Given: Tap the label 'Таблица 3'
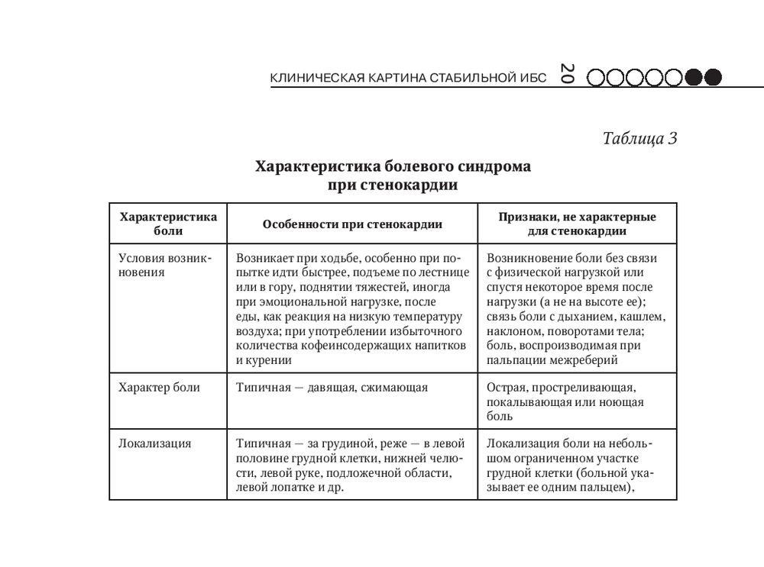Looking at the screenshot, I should (639, 139).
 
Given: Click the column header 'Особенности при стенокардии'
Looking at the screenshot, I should (352, 224).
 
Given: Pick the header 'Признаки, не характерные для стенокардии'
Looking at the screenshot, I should (578, 224).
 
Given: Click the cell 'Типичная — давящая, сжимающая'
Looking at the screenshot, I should (332, 388).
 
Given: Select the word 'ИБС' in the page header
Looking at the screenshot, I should (533, 78).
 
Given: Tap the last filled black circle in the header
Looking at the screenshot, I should (712, 77).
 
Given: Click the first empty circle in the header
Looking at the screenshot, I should (596, 77).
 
